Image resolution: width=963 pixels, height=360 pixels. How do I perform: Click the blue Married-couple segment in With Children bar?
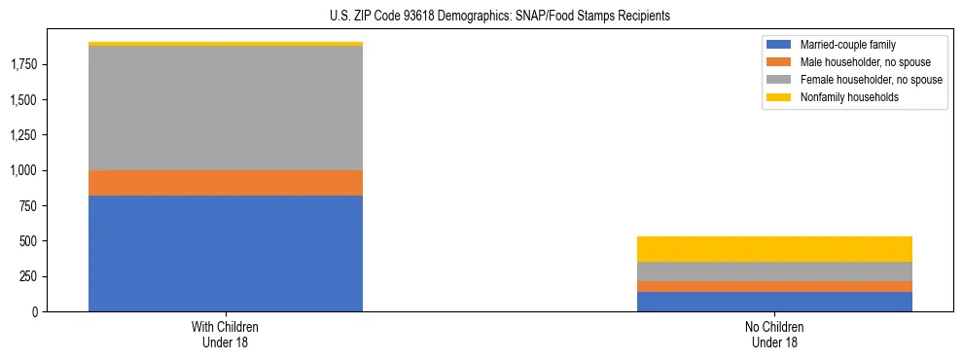coord(226,253)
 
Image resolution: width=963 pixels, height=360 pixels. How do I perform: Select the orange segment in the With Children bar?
coord(226,183)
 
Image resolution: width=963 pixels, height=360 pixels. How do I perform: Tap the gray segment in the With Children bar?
coord(226,108)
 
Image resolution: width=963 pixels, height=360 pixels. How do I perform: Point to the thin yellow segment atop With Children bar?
coord(226,44)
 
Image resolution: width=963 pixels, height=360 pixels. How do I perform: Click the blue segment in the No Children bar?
coord(774,302)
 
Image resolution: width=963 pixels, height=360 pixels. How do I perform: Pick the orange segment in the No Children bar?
coord(774,287)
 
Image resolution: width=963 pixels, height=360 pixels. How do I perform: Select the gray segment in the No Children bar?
coord(774,271)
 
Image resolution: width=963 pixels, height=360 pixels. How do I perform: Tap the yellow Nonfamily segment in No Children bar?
coord(774,249)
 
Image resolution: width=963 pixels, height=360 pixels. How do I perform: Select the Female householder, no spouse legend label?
coord(870,80)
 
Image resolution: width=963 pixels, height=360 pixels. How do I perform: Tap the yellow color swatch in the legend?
coord(779,97)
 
